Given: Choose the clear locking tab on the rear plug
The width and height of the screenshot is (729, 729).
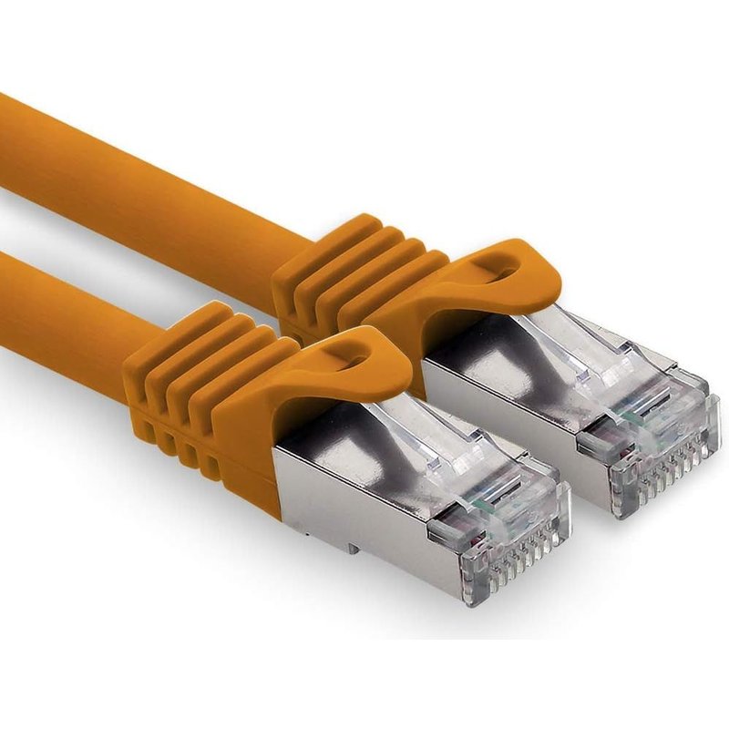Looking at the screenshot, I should pyautogui.click(x=583, y=346).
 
